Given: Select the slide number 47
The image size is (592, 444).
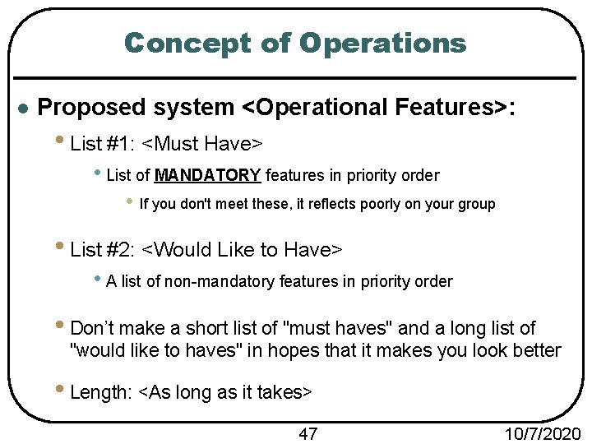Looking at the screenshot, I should coord(308,433).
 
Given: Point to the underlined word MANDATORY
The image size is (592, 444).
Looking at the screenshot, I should coord(207,175).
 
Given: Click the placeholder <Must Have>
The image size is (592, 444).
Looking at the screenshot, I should coord(201,144).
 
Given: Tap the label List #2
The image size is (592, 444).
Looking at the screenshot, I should coord(104,248).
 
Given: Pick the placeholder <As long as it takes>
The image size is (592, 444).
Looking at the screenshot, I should coord(226,392).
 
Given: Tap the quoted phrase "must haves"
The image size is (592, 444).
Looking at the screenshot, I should coord(337,328).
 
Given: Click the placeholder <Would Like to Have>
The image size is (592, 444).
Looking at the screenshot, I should coord(242,248).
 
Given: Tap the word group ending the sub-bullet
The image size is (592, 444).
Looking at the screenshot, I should coord(477,204).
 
